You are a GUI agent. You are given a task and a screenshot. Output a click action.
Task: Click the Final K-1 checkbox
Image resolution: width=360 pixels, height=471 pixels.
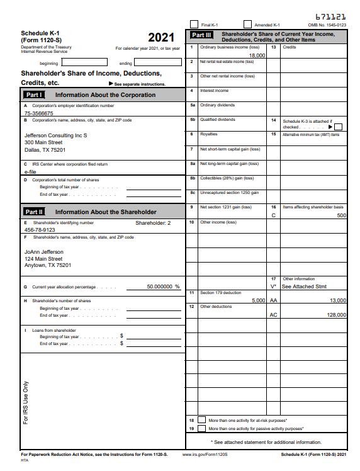[x=194, y=24]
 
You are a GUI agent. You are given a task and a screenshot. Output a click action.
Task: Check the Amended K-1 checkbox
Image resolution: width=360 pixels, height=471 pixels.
[x=247, y=24]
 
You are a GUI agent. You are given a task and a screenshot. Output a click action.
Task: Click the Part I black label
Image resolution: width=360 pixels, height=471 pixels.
[x=33, y=94]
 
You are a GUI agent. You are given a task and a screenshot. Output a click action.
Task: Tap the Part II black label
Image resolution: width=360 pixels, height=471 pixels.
[x=34, y=212]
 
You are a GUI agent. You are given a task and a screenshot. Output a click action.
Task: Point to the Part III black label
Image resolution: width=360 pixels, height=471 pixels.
[x=201, y=35]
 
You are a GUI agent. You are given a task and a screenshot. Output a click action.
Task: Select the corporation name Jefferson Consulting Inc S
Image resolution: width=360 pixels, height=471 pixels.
[x=55, y=135]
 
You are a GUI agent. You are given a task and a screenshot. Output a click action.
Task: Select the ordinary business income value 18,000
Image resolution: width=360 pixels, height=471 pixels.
[x=257, y=55]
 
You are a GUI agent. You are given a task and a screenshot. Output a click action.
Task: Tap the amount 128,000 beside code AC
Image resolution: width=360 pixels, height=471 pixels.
[x=335, y=315]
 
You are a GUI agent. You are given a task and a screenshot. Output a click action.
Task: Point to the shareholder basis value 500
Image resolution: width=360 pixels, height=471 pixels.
[x=341, y=215]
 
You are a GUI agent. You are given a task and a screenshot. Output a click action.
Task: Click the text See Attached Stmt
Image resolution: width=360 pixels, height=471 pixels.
[x=303, y=287]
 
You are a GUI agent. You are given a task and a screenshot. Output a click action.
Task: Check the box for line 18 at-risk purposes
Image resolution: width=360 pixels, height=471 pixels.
[x=201, y=419]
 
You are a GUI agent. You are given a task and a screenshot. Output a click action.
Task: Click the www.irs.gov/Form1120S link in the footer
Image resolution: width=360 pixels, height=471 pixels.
[x=205, y=454]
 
